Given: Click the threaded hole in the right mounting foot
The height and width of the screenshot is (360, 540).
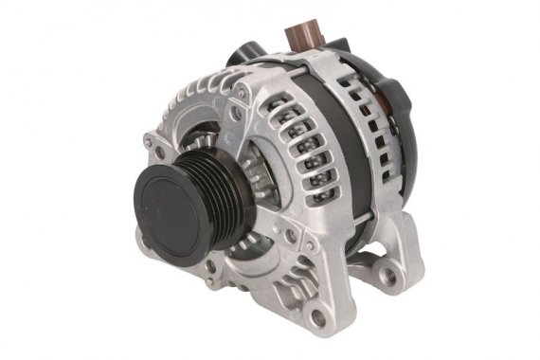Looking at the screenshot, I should [x=387, y=274].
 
